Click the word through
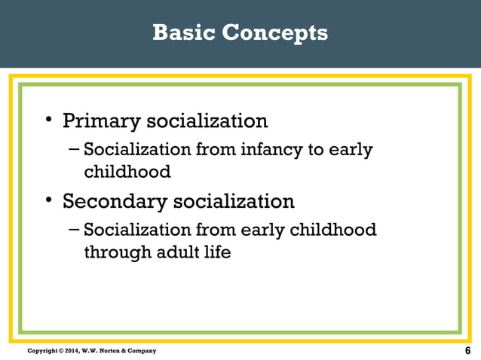pos(115,252)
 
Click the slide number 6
pos(468,351)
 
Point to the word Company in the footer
pos(142,352)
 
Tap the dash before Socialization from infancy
pos(73,149)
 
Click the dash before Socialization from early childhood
pos(73,229)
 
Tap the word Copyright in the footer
pos(41,352)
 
